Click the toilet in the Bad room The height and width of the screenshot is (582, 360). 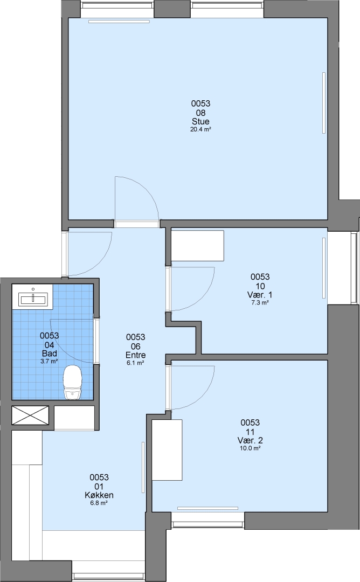pyautogui.click(x=72, y=382)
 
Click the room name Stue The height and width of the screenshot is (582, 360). pyautogui.click(x=200, y=121)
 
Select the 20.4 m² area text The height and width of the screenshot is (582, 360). pyautogui.click(x=200, y=129)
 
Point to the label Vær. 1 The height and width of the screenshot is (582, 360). pyautogui.click(x=260, y=295)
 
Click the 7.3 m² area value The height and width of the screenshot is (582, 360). pyautogui.click(x=260, y=302)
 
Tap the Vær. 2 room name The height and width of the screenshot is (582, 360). pyautogui.click(x=250, y=440)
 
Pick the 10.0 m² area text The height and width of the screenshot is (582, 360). pyautogui.click(x=250, y=448)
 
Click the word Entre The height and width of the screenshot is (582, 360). pyautogui.click(x=135, y=355)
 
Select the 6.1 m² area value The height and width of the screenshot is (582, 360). pyautogui.click(x=135, y=363)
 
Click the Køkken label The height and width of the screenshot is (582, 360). pyautogui.click(x=99, y=495)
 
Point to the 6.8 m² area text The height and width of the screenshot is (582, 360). pyautogui.click(x=99, y=503)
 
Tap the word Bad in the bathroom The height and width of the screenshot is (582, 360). pyautogui.click(x=50, y=354)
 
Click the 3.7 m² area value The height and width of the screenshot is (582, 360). pyautogui.click(x=50, y=361)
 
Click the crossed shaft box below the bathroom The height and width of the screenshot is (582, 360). pyautogui.click(x=30, y=415)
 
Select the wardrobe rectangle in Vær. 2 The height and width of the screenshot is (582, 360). pyautogui.click(x=167, y=450)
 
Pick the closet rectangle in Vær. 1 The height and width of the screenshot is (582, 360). pyautogui.click(x=197, y=246)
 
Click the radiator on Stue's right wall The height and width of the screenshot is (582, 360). pyautogui.click(x=324, y=103)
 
